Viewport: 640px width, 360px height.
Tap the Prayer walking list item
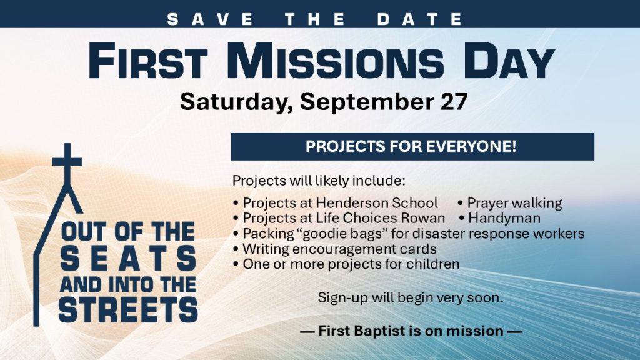click(510, 204)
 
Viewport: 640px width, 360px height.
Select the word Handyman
click(504, 218)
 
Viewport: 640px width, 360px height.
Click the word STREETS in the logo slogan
click(129, 310)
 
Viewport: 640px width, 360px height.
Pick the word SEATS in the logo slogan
click(129, 259)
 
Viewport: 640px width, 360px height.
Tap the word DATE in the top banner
click(420, 19)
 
